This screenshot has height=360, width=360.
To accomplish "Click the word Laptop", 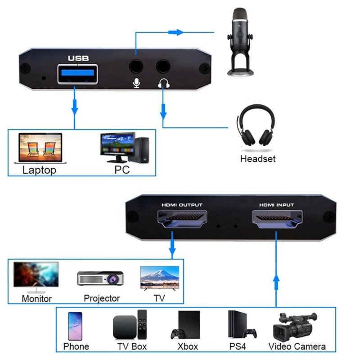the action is click(x=39, y=170).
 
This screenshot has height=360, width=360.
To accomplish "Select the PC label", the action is click(x=122, y=170).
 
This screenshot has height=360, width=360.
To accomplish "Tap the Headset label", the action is click(x=257, y=158).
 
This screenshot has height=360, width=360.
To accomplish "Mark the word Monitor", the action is click(x=36, y=298).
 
